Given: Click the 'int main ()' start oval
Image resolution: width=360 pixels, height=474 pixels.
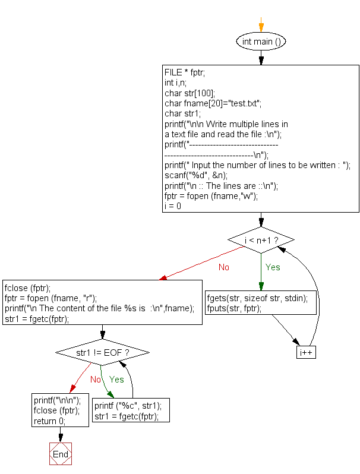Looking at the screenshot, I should (261, 42).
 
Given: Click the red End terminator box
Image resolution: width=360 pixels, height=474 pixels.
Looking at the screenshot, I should (61, 454).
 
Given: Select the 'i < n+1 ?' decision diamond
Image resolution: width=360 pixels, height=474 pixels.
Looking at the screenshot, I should (261, 240).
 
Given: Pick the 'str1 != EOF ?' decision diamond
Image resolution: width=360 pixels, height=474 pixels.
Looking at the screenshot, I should (103, 352).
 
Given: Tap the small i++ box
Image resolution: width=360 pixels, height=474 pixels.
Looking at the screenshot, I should (306, 352).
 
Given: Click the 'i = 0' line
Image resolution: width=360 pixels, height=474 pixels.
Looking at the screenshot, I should (173, 206).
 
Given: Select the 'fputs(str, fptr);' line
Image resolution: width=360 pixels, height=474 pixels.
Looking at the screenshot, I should (234, 309).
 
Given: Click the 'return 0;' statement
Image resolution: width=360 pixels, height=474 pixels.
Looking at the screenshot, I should (49, 421).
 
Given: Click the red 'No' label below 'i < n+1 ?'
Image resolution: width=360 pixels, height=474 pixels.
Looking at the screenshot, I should (223, 267).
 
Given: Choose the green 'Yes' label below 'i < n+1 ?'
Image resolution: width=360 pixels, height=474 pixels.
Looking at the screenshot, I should (273, 267).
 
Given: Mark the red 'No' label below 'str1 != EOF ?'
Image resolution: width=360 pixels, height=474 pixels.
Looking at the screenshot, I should (95, 379).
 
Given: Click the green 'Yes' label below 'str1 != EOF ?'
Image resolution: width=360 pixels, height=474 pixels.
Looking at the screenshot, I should (116, 379).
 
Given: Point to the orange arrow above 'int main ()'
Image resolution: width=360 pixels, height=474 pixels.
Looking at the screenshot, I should (261, 27).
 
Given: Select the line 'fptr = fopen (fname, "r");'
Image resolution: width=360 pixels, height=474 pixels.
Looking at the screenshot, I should (50, 298).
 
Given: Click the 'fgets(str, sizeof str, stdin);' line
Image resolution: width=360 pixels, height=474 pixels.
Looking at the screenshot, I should (257, 299).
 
